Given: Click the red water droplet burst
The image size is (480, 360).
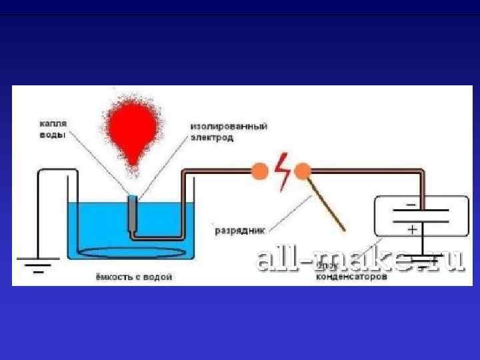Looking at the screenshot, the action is coord(131,130).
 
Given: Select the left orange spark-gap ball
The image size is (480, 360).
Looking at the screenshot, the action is coord(257,172).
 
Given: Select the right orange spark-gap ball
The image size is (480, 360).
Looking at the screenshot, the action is coord(303,172).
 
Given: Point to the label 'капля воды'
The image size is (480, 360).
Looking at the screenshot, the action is coord(51,129).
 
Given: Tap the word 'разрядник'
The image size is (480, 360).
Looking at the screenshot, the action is coord(240,231).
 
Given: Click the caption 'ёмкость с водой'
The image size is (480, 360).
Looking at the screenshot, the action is coord(131,276).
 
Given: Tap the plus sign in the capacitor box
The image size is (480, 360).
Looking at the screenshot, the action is coord(412,229).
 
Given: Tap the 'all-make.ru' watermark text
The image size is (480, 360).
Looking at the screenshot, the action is coord(360,259).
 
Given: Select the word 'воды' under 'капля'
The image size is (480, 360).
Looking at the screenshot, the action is coord(50,135).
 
